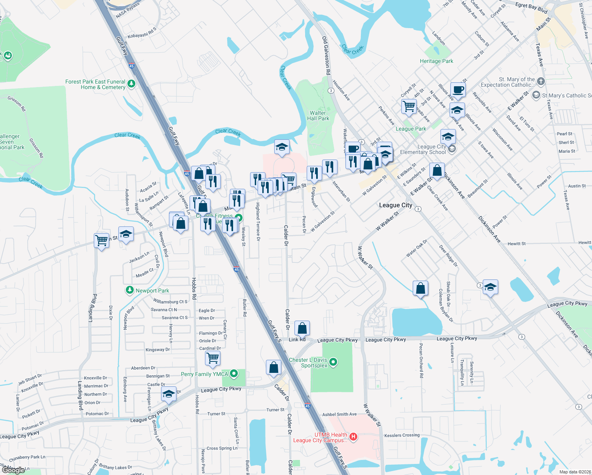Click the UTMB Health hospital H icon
click(x=353, y=437)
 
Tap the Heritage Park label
click(x=436, y=61)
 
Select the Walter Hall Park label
click(x=318, y=116)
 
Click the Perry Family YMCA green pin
click(x=234, y=373)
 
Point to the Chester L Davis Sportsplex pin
click(x=333, y=361)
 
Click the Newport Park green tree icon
click(x=129, y=290)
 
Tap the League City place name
click(x=395, y=205)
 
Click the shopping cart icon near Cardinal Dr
click(x=213, y=358)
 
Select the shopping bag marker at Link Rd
click(x=302, y=328)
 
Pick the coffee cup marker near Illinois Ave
click(x=458, y=90)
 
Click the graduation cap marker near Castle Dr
click(x=169, y=394)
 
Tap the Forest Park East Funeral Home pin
click(x=131, y=84)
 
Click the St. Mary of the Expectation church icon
click(x=541, y=81)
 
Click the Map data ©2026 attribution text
click(x=575, y=472)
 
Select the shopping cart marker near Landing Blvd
click(x=102, y=239)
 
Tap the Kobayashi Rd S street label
click(x=142, y=33)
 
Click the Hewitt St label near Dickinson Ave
click(x=516, y=244)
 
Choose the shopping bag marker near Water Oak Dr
click(x=420, y=289)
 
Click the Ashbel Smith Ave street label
click(x=339, y=414)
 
